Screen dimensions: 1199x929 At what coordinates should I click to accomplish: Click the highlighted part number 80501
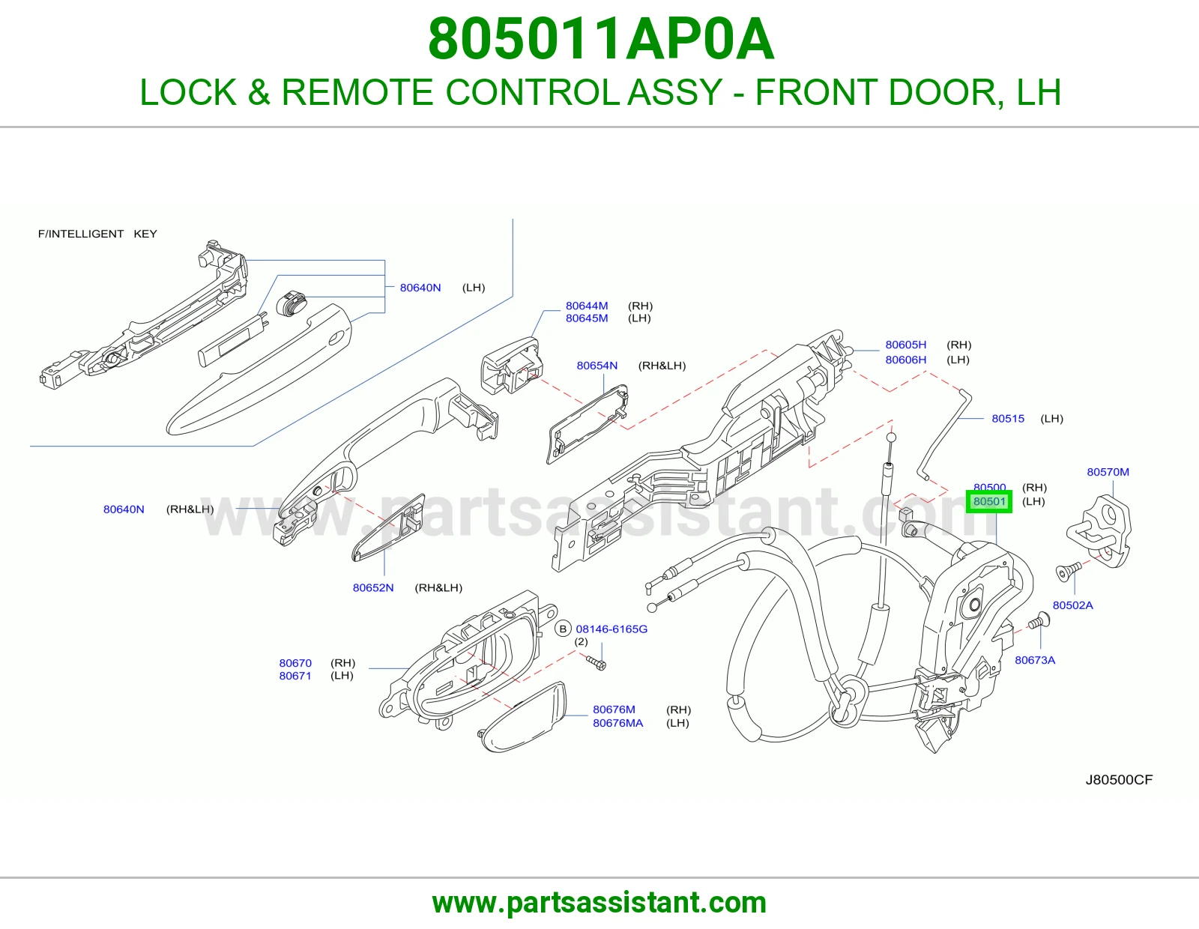point(988,501)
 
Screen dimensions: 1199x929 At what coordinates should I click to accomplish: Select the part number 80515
point(1008,419)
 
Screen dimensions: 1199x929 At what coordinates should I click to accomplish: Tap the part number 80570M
point(1108,472)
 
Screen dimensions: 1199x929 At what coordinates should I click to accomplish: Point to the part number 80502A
point(1072,605)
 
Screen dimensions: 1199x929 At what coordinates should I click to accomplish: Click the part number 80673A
point(1035,660)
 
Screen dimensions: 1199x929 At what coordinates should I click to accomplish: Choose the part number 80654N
point(597,366)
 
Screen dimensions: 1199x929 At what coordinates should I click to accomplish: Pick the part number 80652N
point(373,588)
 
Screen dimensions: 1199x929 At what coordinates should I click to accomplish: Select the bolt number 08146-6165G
point(611,629)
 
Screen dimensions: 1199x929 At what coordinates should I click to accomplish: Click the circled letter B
point(563,629)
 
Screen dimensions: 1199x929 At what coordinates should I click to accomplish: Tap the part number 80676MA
point(618,723)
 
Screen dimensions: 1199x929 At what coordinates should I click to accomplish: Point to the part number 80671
point(295,676)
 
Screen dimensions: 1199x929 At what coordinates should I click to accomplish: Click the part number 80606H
point(906,360)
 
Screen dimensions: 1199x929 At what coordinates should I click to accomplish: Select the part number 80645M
point(587,318)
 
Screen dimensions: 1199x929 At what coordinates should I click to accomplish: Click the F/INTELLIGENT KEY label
point(97,234)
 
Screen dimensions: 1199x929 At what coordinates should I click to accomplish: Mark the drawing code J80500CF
point(1119,780)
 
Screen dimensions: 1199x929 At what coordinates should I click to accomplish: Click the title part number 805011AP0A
point(601,39)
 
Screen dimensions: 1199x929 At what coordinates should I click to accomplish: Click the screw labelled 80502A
point(1066,572)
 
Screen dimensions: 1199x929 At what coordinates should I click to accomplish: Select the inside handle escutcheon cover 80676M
point(522,717)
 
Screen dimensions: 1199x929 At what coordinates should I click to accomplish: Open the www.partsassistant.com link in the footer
point(599,903)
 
